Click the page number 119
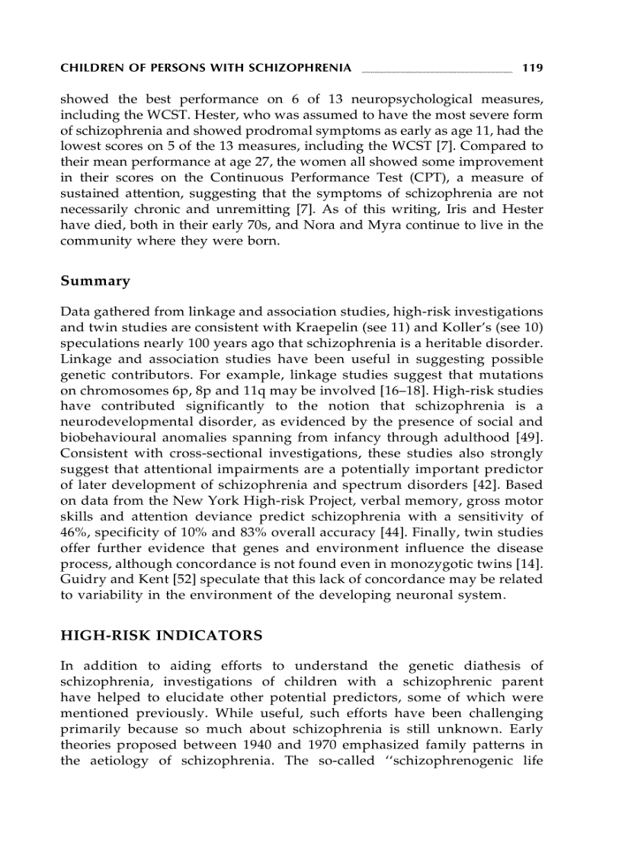pos(532,69)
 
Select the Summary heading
pos(95,281)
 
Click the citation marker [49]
pos(531,437)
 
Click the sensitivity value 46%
pos(73,533)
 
